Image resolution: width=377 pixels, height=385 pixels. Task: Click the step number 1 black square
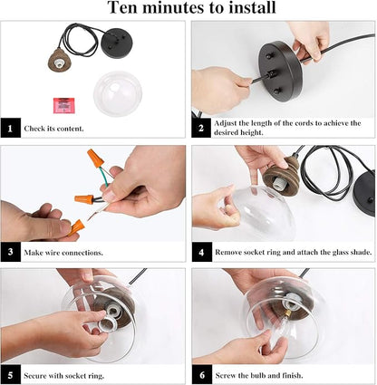click(x=11, y=128)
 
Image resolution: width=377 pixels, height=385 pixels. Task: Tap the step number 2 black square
click(x=201, y=128)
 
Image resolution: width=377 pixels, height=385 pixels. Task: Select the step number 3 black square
click(x=11, y=252)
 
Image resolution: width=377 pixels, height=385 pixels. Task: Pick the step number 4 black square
click(x=202, y=252)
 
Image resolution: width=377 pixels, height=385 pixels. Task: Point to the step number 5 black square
click(x=11, y=375)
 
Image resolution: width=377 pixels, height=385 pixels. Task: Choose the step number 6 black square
click(x=202, y=375)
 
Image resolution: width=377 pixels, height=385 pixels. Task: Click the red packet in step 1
click(x=64, y=105)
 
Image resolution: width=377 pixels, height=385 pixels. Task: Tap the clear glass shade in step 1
click(x=118, y=94)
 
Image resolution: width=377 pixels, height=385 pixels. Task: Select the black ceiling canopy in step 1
click(x=117, y=43)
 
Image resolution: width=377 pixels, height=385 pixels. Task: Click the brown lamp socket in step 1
click(x=60, y=60)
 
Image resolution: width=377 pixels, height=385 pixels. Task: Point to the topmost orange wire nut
click(x=96, y=159)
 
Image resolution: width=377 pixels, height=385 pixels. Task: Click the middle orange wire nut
click(x=84, y=198)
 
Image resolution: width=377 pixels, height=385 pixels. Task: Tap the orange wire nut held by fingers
click(x=76, y=227)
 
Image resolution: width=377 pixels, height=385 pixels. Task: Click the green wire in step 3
click(x=105, y=178)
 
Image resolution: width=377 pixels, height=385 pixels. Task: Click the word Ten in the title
click(x=123, y=7)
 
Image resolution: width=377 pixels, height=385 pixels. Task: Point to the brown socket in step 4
click(x=281, y=176)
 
